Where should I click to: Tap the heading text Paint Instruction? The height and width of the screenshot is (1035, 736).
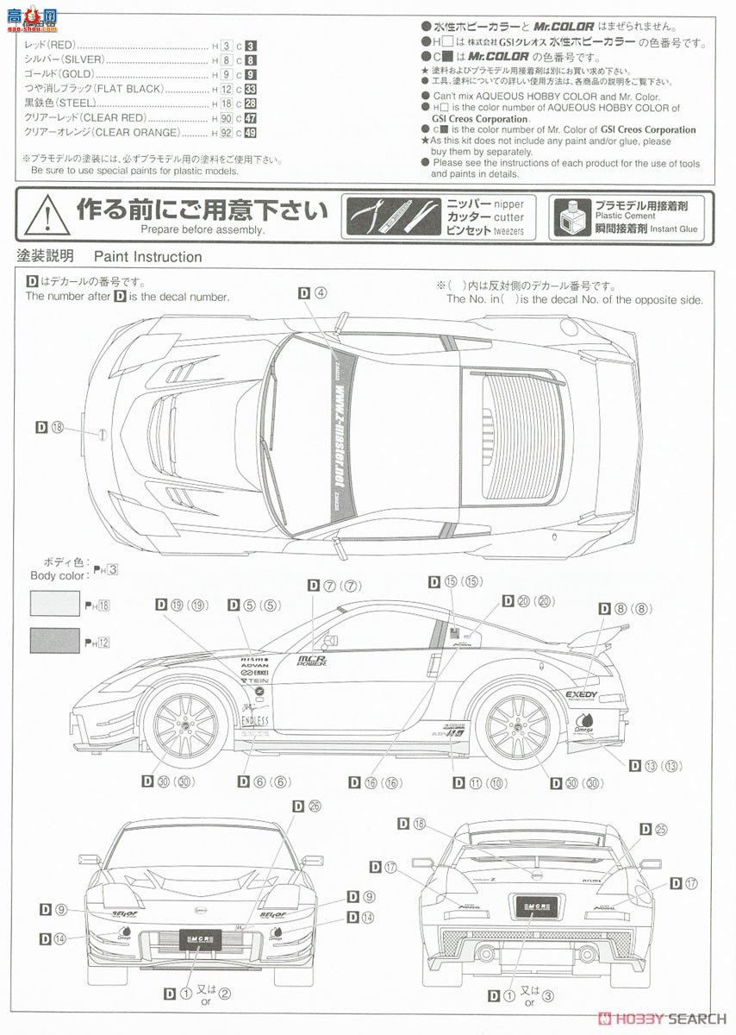point(147,256)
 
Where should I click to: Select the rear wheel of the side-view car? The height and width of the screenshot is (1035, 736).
point(519,726)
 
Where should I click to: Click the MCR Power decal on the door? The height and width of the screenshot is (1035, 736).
point(311,661)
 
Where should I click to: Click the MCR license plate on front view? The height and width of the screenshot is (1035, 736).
point(200,937)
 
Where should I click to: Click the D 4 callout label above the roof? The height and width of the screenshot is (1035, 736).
point(313,292)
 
